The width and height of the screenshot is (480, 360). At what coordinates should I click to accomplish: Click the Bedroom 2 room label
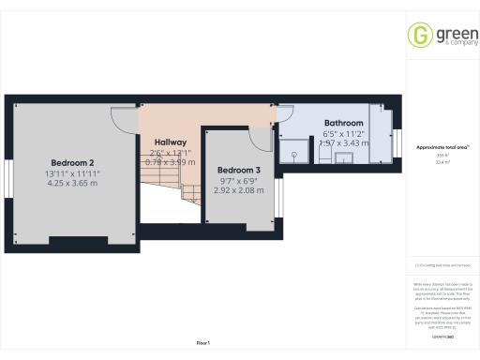pos(71,162)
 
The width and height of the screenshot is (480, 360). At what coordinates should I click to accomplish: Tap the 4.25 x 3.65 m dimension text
pos(71,183)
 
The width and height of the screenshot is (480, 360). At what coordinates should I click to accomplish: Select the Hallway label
pos(171,141)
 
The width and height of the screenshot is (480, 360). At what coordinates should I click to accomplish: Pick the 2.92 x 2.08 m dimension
pos(240,188)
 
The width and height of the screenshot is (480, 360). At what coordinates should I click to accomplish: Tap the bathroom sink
pos(345,157)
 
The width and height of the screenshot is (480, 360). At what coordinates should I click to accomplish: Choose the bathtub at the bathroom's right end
pos(381,131)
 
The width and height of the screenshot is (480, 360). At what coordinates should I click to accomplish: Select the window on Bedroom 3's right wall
pos(278,195)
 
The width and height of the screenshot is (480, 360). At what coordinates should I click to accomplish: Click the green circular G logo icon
pos(418,36)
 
